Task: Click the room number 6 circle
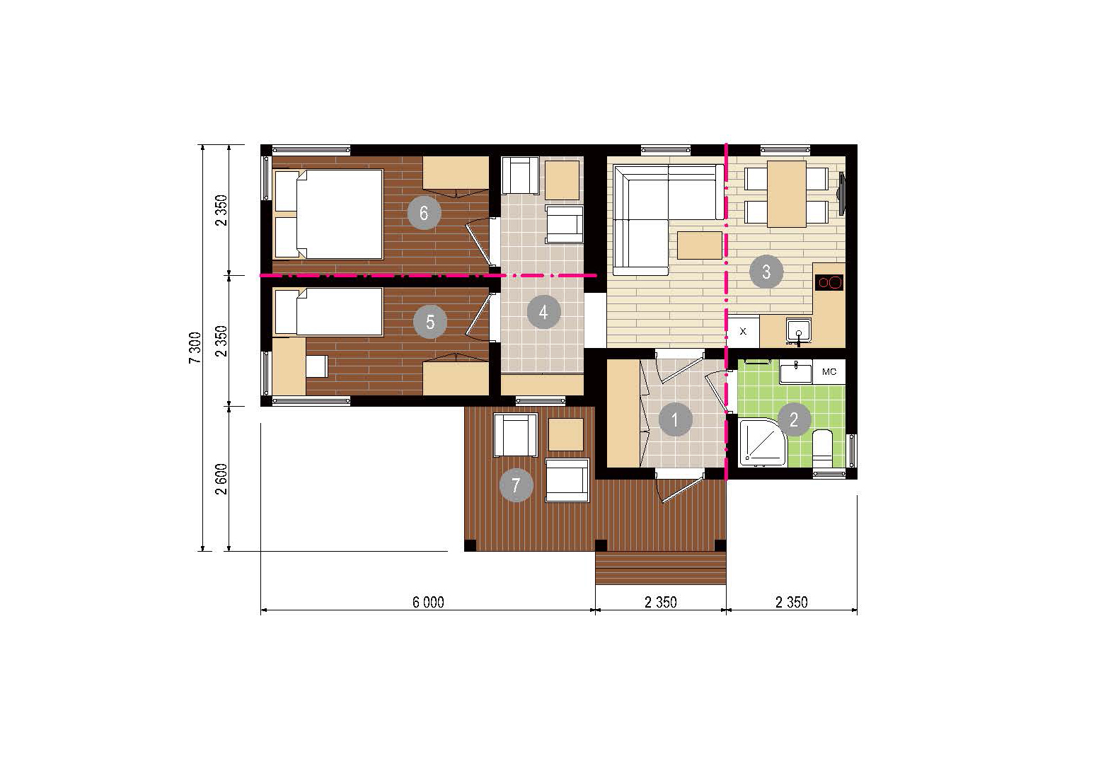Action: pyautogui.click(x=423, y=213)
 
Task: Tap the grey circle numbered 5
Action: pyautogui.click(x=430, y=322)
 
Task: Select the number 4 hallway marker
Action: pyautogui.click(x=543, y=312)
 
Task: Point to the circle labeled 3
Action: pyautogui.click(x=766, y=272)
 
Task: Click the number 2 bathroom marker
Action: pyautogui.click(x=794, y=419)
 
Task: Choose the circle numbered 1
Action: pyautogui.click(x=675, y=419)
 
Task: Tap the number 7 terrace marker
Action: pyautogui.click(x=517, y=485)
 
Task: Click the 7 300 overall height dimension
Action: pyautogui.click(x=195, y=348)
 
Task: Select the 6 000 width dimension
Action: pyautogui.click(x=428, y=603)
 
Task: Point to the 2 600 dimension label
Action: pyautogui.click(x=221, y=479)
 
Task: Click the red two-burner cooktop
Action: pyautogui.click(x=829, y=282)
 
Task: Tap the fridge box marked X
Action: pyautogui.click(x=743, y=331)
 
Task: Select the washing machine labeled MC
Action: pyautogui.click(x=829, y=371)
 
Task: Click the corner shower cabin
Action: pyautogui.click(x=762, y=443)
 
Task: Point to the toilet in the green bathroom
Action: pyautogui.click(x=823, y=448)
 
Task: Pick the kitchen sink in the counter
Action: pyautogui.click(x=798, y=330)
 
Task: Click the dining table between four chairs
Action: pyautogui.click(x=787, y=194)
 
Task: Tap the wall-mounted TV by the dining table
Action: pyautogui.click(x=841, y=194)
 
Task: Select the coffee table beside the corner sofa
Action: pyautogui.click(x=700, y=245)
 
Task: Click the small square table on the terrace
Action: pyautogui.click(x=566, y=435)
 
